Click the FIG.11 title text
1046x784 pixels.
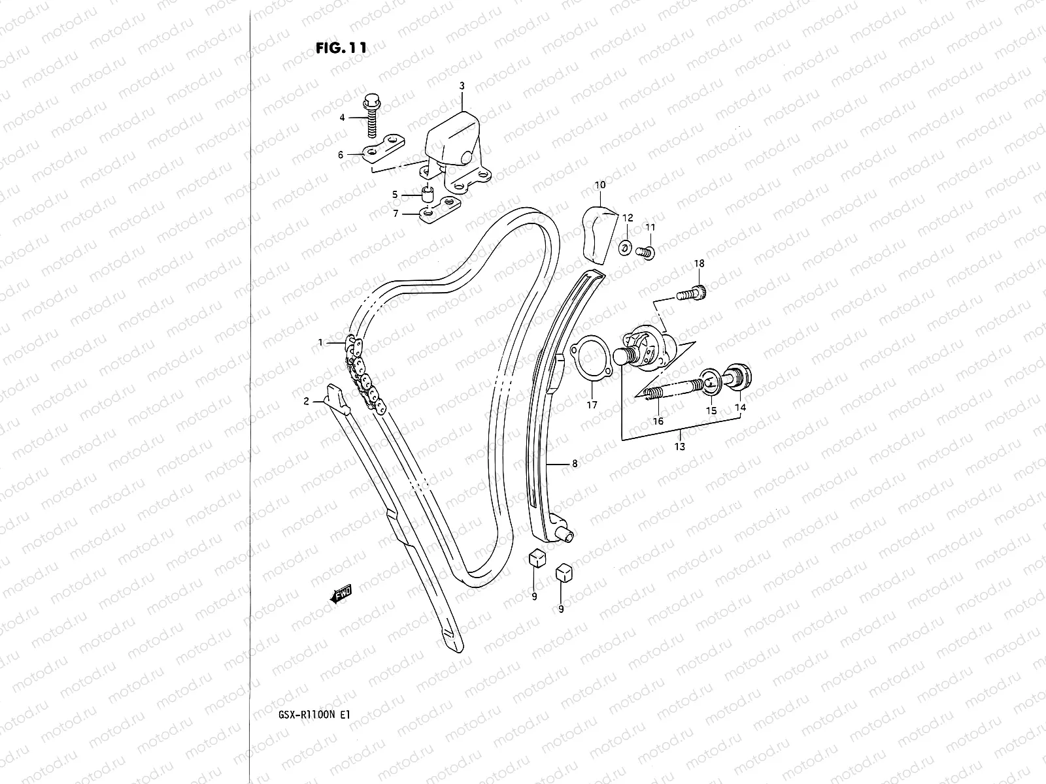point(340,48)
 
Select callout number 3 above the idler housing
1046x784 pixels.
point(462,86)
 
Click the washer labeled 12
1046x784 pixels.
point(625,247)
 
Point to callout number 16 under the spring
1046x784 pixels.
point(658,421)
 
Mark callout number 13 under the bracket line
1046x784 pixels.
point(680,447)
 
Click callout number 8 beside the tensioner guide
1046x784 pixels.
point(575,464)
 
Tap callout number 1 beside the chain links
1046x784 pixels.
point(321,342)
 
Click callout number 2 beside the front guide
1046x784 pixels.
point(306,401)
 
